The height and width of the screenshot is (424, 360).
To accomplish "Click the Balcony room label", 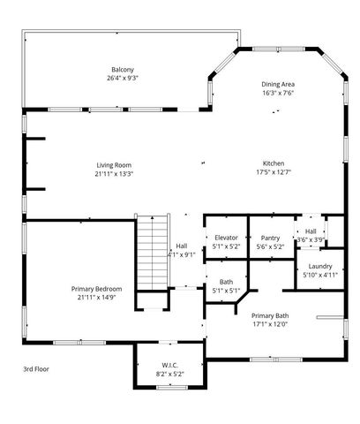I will point(123,69).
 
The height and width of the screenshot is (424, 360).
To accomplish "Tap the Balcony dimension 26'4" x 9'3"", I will point(123,78).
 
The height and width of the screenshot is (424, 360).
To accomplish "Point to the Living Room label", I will point(114,164).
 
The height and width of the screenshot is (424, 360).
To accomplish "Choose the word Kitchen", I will point(274,164).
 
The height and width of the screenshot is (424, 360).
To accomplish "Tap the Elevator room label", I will point(226,238).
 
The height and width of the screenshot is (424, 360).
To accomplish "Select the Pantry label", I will point(270,238).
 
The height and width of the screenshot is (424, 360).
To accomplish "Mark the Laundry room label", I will point(320,266).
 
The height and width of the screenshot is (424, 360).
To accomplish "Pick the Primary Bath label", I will point(270,315).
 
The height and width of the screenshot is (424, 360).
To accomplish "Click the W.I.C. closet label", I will point(170,365).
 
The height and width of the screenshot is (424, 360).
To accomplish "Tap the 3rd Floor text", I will point(36,368).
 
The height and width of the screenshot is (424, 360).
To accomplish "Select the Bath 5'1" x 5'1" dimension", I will point(226,291).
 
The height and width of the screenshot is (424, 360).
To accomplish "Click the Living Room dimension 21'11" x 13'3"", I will point(114,173).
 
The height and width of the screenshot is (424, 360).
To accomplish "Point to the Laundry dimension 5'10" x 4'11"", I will point(320,275).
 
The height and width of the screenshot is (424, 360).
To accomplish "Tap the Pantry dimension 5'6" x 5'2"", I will point(270,246).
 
